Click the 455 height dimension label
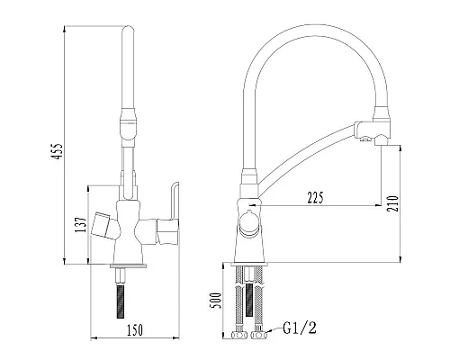58,151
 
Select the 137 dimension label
81,225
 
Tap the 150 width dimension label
135,330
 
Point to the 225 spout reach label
315,197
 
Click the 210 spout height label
392,204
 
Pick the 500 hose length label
215,301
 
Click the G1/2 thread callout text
300,328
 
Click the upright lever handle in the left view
175,201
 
